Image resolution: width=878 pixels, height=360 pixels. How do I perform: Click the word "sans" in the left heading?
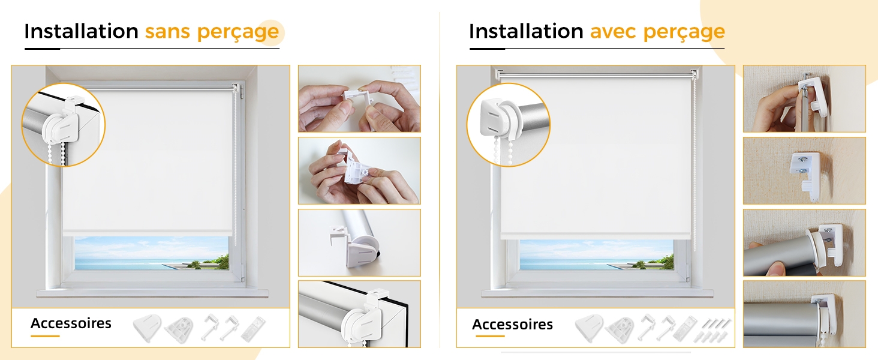click(x=167, y=31)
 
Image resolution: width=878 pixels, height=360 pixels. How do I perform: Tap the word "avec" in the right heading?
click(x=613, y=31)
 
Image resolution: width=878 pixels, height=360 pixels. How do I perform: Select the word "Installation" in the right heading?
click(x=526, y=31)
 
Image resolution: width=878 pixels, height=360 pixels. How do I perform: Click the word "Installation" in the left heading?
click(x=81, y=31)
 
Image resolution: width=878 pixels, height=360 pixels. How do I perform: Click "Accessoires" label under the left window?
click(x=71, y=323)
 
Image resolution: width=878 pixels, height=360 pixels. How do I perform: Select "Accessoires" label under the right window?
click(x=512, y=325)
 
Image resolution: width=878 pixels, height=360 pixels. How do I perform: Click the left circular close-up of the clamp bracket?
click(x=63, y=125)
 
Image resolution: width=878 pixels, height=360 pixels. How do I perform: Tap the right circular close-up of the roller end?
click(x=509, y=125)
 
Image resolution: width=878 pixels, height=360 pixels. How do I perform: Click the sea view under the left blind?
click(x=152, y=253)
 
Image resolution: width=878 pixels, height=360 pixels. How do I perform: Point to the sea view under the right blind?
click(x=596, y=255)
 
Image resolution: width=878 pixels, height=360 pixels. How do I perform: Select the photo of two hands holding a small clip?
click(x=359, y=98)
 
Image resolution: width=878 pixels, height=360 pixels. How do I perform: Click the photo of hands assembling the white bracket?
click(x=359, y=170)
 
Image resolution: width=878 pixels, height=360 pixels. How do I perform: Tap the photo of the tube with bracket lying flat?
click(x=359, y=243)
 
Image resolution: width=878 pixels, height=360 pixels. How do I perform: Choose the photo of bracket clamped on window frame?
click(x=359, y=314)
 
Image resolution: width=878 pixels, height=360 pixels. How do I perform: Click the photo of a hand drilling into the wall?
click(x=804, y=98)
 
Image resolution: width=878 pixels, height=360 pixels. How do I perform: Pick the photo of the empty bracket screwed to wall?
click(x=804, y=170)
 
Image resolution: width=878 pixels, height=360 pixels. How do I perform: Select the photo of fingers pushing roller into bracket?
click(x=804, y=243)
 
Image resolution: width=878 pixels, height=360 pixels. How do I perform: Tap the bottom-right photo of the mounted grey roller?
click(x=804, y=314)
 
